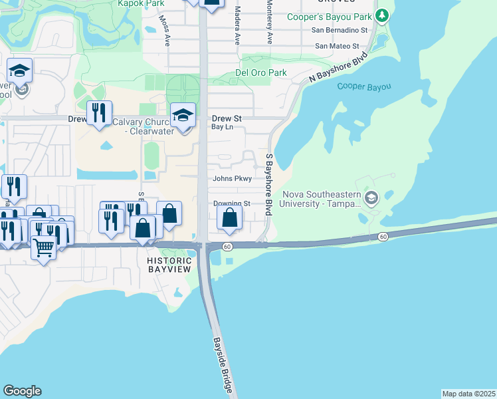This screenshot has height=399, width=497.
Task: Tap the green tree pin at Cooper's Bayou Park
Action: pyautogui.click(x=382, y=15)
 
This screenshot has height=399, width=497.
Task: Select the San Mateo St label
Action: pyautogui.click(x=336, y=46)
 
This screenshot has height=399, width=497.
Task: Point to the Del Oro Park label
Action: pyautogui.click(x=261, y=72)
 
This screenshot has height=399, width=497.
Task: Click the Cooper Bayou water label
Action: pyautogui.click(x=363, y=86)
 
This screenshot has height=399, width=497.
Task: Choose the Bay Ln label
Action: pyautogui.click(x=222, y=126)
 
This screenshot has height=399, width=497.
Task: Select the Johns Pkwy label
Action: pyautogui.click(x=231, y=178)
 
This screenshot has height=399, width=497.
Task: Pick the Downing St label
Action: pyautogui.click(x=231, y=203)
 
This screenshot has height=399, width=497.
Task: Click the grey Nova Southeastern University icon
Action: pyautogui.click(x=371, y=198)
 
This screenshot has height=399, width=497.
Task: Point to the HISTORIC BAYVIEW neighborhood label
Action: pyautogui.click(x=169, y=265)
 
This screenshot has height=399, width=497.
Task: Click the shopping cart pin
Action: pyautogui.click(x=44, y=247)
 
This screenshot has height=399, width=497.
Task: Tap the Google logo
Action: pyautogui.click(x=22, y=391)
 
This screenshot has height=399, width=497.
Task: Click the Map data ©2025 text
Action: pyautogui.click(x=468, y=394)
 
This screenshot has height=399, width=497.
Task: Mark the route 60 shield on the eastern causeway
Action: pyautogui.click(x=383, y=237)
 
